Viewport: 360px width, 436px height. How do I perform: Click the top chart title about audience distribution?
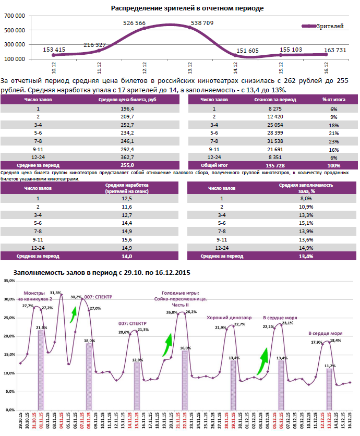[x=187, y=8]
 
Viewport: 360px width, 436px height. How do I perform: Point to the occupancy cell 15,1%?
[x=305, y=222]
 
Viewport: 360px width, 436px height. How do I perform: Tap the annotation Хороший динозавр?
[x=229, y=317]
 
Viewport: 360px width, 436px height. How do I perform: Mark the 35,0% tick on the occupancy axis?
[x=9, y=281]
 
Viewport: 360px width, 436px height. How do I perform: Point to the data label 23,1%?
[x=287, y=323]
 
